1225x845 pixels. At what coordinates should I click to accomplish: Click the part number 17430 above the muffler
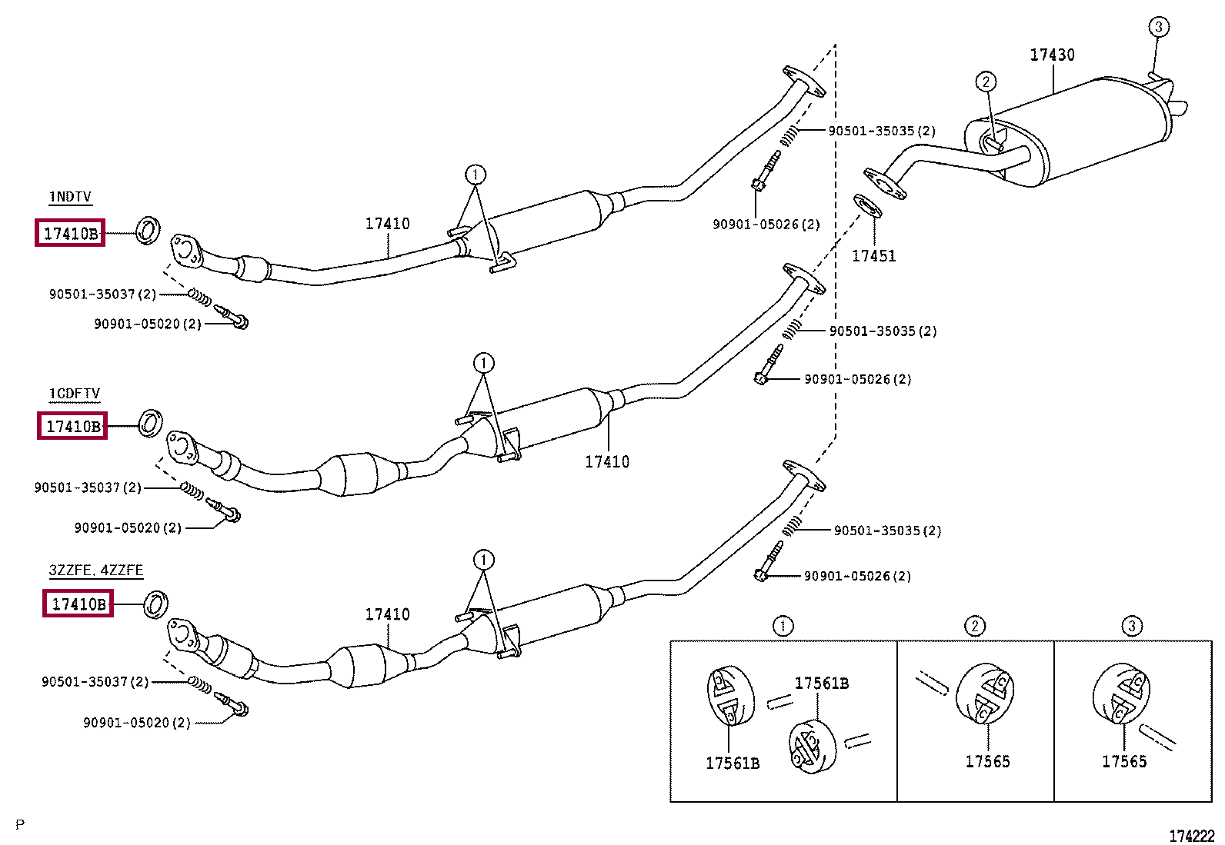click(x=1052, y=55)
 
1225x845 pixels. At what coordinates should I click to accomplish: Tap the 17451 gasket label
click(x=873, y=256)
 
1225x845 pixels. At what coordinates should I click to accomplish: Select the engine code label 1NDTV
click(x=70, y=197)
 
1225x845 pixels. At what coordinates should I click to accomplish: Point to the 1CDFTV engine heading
click(x=75, y=394)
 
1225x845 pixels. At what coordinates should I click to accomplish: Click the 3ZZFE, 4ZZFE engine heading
click(x=96, y=571)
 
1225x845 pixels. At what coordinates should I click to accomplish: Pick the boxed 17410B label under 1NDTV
click(x=70, y=233)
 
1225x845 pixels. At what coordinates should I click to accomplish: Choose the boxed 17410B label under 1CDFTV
click(x=72, y=426)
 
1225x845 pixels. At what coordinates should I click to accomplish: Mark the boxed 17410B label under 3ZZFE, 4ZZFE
click(x=78, y=604)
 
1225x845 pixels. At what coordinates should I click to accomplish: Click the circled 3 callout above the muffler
click(x=1158, y=27)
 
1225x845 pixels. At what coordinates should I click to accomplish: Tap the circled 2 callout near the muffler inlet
click(x=986, y=82)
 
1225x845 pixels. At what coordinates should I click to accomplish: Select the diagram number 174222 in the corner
click(x=1192, y=836)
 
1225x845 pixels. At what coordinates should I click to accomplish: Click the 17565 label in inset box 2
click(x=987, y=761)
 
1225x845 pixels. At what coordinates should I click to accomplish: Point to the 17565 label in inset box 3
click(x=1123, y=761)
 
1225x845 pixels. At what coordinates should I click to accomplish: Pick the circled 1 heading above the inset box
click(x=783, y=626)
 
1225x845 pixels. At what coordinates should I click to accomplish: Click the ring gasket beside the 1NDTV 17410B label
click(x=147, y=230)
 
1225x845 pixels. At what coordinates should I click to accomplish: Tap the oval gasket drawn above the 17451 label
click(x=867, y=206)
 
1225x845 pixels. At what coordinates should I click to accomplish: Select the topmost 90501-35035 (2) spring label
click(x=882, y=131)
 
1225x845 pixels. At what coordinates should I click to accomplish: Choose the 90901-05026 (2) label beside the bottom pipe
click(x=857, y=576)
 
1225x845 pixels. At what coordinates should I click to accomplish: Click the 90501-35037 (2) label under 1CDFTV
click(x=88, y=487)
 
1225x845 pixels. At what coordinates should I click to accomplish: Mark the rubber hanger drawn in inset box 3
click(x=1121, y=693)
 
